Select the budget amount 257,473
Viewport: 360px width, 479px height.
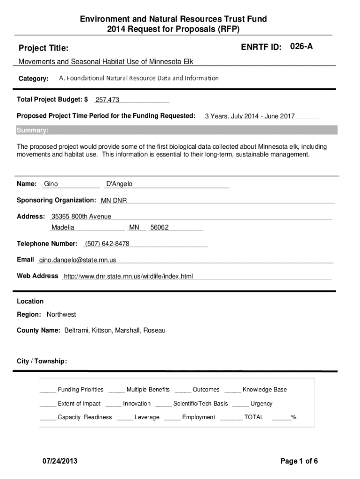click(x=107, y=100)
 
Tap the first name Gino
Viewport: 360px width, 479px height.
click(x=51, y=184)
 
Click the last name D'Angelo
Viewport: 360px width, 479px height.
click(x=120, y=184)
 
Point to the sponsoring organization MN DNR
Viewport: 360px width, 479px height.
click(x=114, y=201)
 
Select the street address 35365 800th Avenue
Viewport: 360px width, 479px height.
click(x=81, y=216)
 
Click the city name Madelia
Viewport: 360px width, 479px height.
click(x=63, y=227)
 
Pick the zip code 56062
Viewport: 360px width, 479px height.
click(x=159, y=227)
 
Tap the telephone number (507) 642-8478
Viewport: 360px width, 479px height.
click(x=107, y=244)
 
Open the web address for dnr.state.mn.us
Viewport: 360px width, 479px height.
click(x=128, y=276)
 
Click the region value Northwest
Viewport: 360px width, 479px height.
click(x=61, y=314)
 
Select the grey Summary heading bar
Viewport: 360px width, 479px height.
click(x=177, y=130)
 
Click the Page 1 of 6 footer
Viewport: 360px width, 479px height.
click(x=299, y=461)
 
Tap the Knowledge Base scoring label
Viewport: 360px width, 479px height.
click(x=265, y=390)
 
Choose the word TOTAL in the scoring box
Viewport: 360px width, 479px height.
click(x=254, y=417)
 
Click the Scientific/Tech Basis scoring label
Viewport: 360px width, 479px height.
click(x=201, y=403)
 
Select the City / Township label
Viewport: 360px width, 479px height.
click(x=42, y=361)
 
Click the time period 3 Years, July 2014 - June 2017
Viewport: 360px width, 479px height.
click(x=250, y=116)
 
